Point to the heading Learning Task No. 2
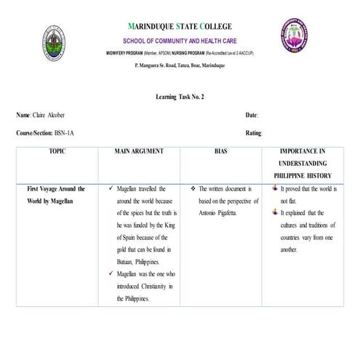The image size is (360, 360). click(x=180, y=97)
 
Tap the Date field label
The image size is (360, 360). click(x=252, y=116)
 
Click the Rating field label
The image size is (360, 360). click(x=254, y=132)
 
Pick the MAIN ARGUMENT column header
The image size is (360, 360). click(x=139, y=151)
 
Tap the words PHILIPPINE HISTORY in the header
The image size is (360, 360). click(x=303, y=176)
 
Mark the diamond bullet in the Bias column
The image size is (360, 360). click(x=191, y=188)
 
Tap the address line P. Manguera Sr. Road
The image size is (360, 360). click(x=180, y=65)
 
